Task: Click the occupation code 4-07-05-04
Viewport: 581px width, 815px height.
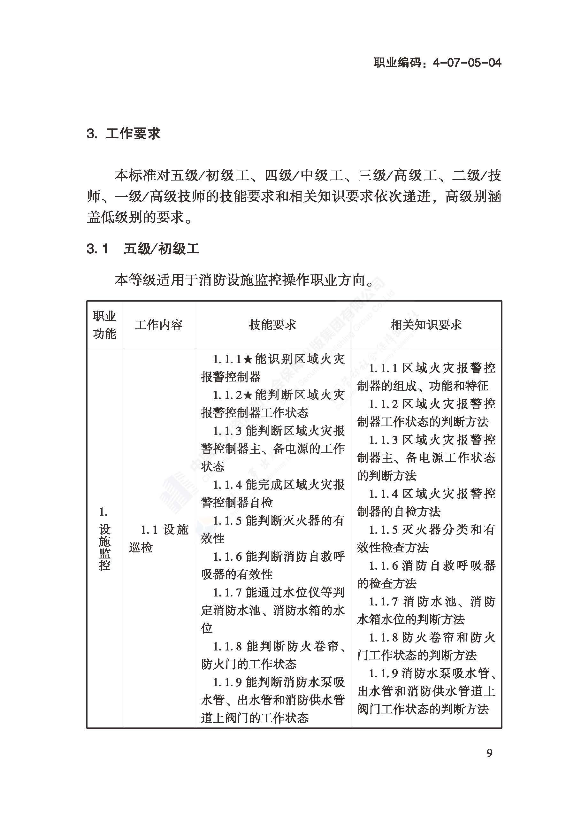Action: (467, 63)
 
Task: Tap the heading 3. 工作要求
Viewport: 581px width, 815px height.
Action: (123, 134)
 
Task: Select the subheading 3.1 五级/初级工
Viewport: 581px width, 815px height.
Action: (143, 248)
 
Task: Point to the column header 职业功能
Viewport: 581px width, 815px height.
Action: (104, 325)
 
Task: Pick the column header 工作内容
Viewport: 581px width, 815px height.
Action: (158, 325)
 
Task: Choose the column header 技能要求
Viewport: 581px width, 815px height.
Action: (272, 325)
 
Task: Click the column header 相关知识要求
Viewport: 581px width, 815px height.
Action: (426, 325)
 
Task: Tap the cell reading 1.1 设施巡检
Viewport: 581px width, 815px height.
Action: (158, 538)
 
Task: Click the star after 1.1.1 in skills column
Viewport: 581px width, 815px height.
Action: (248, 359)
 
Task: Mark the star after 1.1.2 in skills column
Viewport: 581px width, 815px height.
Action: (248, 395)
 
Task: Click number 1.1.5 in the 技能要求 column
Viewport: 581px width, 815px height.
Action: (227, 521)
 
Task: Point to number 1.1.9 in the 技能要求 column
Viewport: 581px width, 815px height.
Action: (227, 682)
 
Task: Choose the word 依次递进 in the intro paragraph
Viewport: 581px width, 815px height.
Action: (402, 196)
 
